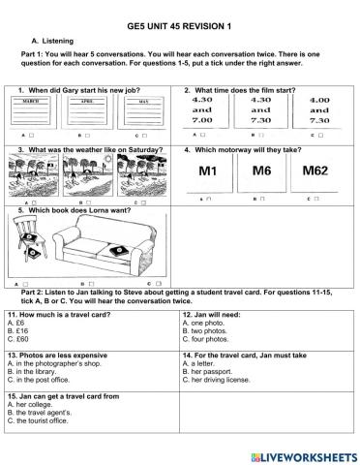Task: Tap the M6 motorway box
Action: pyautogui.click(x=262, y=172)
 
